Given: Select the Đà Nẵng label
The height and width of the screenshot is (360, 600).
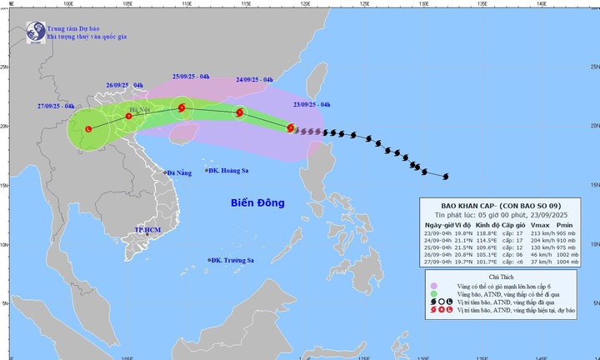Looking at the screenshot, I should click(180, 172).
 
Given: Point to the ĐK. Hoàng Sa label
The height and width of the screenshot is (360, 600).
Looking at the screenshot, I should click(230, 170).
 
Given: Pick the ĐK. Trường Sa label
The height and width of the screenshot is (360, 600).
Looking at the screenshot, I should click(233, 261).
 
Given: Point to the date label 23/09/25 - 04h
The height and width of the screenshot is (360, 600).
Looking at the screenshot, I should click(312, 104).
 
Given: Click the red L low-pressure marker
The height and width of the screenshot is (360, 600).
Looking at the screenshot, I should click(89, 129).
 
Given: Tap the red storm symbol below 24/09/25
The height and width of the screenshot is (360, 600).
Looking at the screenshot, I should click(239, 112).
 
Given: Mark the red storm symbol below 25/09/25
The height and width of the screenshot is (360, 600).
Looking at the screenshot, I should click(181, 106).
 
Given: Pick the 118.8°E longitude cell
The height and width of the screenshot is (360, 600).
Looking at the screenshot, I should click(482, 234).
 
